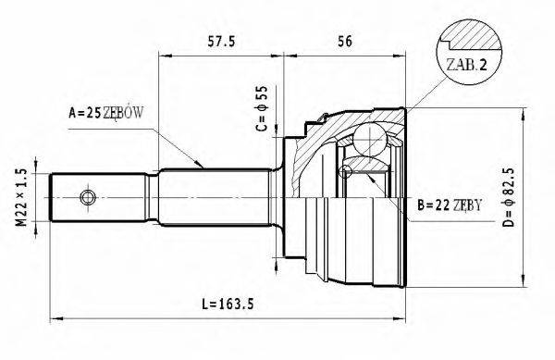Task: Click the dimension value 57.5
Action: [218, 41]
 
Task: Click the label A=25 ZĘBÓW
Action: [110, 114]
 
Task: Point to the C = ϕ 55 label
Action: [262, 108]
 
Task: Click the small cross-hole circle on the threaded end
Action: [87, 198]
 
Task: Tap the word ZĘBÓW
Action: [129, 114]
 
